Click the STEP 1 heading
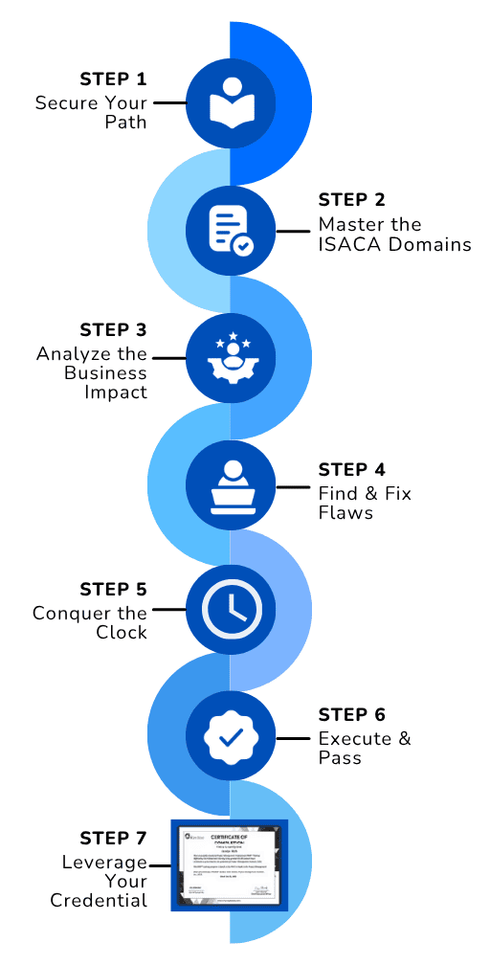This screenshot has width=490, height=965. (113, 79)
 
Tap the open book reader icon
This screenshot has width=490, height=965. (230, 101)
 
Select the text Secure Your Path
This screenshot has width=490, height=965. (92, 113)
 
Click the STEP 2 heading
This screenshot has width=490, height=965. (351, 200)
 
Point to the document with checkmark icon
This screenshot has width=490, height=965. (230, 231)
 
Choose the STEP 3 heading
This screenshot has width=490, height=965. (113, 329)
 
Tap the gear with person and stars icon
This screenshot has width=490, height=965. (230, 357)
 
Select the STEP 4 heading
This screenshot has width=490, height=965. (351, 470)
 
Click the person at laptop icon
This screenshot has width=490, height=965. (230, 484)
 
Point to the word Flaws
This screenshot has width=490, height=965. (345, 513)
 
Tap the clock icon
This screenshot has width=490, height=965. (230, 610)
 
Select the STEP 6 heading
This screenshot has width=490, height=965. (351, 715)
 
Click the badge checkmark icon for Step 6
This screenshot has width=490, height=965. (230, 736)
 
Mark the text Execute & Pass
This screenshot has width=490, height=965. (364, 748)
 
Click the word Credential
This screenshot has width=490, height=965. (99, 901)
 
